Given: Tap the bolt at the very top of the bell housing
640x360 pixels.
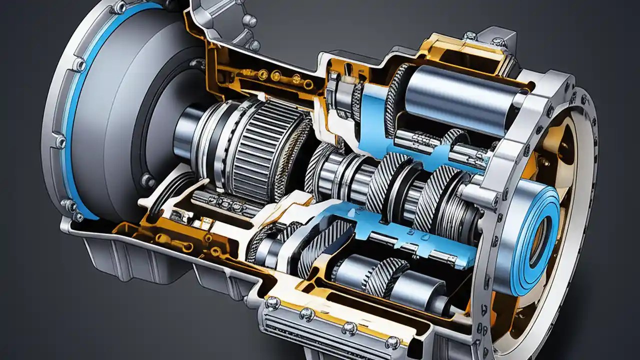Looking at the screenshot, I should (119, 7).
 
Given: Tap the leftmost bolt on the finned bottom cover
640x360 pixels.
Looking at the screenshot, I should (272, 303).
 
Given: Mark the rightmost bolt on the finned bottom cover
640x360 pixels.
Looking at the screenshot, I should (392, 342).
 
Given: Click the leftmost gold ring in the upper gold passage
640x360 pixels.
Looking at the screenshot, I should (262, 74).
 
